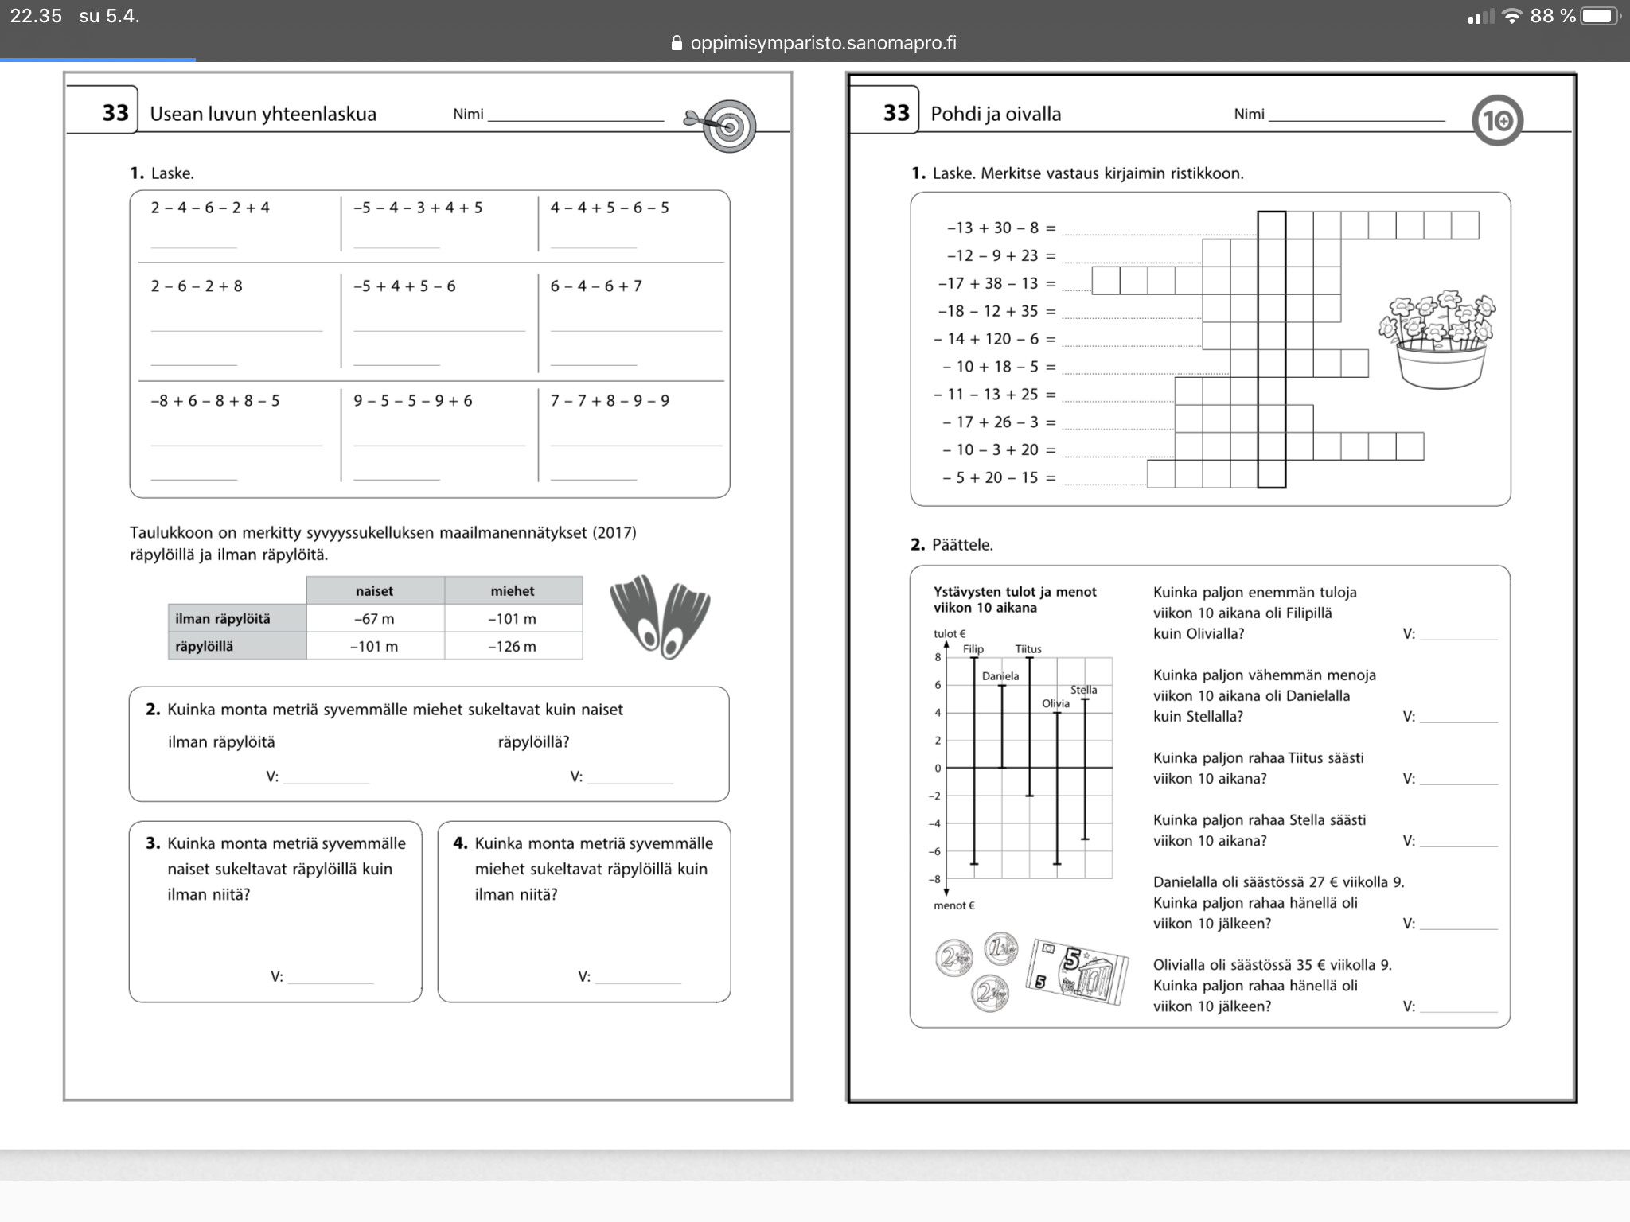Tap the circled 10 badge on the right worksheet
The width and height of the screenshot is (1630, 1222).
[x=1497, y=121]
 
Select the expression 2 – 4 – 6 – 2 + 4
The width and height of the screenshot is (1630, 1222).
[x=210, y=208]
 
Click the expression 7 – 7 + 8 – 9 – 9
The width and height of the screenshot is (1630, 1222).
[x=610, y=400]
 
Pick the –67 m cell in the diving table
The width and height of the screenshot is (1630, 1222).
[x=374, y=618]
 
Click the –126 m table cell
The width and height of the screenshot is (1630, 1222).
[x=512, y=646]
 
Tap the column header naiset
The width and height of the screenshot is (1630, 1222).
[x=374, y=590]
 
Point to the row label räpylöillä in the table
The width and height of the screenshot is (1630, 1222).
[x=205, y=646]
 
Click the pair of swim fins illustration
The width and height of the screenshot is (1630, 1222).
[x=660, y=617]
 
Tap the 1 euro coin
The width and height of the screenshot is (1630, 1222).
[x=1000, y=948]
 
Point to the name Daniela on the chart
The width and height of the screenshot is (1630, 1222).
[x=1000, y=676]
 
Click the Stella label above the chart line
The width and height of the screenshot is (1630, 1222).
[x=1083, y=690]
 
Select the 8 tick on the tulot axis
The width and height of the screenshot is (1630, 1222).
[x=938, y=657]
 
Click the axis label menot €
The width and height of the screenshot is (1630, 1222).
[x=953, y=905]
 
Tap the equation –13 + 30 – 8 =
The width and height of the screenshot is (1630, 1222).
[x=1000, y=228]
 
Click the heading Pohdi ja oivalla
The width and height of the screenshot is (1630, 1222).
[x=995, y=114]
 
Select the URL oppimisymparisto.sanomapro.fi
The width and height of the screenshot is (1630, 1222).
[x=823, y=43]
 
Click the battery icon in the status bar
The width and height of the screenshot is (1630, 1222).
[x=1600, y=16]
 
